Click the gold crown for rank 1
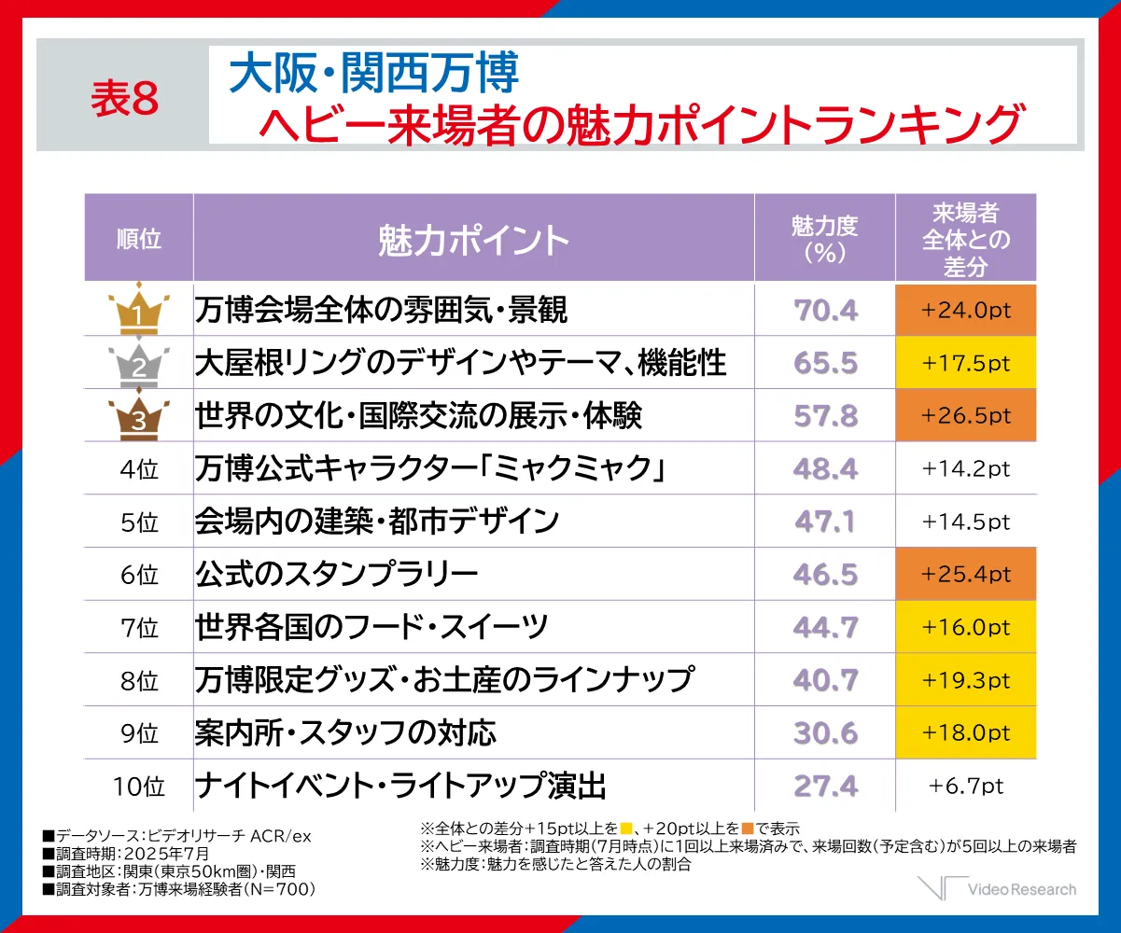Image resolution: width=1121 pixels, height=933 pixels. [138, 308]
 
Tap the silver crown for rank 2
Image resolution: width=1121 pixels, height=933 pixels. [138, 361]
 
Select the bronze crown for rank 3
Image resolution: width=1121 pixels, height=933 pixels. [138, 414]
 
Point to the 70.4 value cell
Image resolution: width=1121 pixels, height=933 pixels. [825, 310]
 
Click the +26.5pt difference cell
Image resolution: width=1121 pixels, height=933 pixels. [965, 414]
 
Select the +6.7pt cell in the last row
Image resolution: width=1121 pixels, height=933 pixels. [965, 786]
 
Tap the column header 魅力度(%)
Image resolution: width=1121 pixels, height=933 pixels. [824, 239]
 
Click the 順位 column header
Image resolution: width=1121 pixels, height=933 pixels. [138, 239]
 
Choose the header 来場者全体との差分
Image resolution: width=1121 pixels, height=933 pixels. [965, 239]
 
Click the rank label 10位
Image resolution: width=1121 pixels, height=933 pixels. [138, 787]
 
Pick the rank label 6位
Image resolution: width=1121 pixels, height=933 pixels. [138, 575]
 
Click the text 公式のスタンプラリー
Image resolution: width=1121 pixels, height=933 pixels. [336, 574]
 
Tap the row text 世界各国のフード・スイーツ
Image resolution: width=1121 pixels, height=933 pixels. [371, 627]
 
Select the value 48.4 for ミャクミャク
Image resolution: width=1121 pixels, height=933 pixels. [825, 468]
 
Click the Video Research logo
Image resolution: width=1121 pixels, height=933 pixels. [997, 888]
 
